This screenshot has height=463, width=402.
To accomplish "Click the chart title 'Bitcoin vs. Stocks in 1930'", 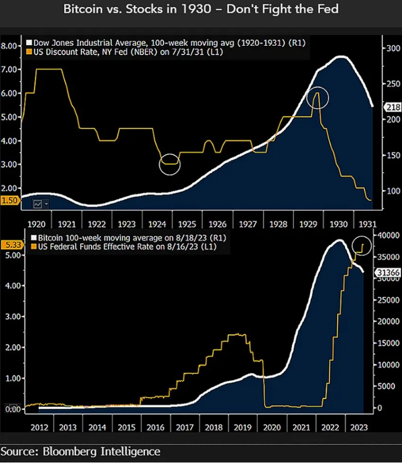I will click(201, 9).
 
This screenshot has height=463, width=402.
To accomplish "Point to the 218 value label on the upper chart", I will click(392, 107).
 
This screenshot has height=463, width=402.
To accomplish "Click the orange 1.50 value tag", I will click(9, 200).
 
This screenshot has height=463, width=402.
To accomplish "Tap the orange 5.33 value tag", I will click(9, 245).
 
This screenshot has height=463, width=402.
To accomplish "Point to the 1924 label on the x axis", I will click(157, 224).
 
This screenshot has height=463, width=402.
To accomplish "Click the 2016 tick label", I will click(157, 428).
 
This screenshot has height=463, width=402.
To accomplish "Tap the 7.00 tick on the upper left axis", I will click(9, 69).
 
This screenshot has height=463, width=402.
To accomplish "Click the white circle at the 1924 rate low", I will click(170, 164).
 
